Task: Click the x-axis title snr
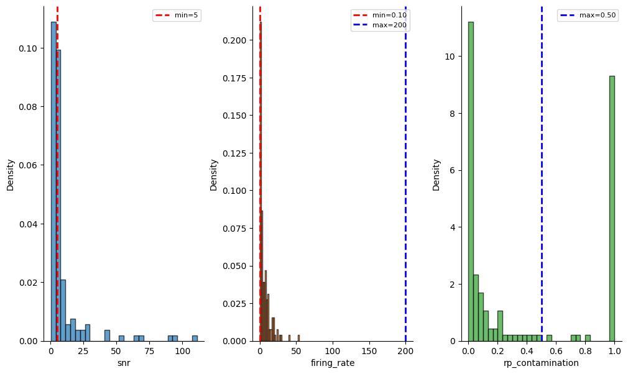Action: pos(123,363)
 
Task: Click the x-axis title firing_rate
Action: pos(333,363)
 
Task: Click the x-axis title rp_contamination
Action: pos(541,363)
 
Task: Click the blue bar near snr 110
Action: pos(195,339)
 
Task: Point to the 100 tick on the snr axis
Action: pos(182,351)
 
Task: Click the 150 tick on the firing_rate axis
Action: pos(369,351)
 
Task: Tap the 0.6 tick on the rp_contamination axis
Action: pos(556,351)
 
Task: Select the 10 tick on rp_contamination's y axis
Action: pos(451,57)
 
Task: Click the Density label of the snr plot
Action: pos(11,175)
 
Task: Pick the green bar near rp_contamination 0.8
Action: pos(588,338)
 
